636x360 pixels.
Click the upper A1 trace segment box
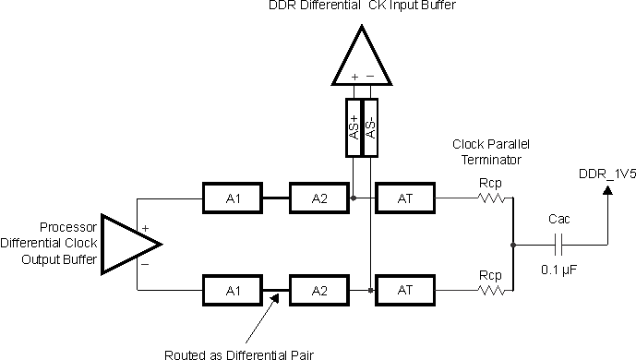(231, 198)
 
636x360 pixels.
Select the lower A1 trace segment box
(231, 290)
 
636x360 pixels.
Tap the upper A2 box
(318, 198)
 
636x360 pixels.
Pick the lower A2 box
(318, 290)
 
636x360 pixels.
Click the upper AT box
(404, 198)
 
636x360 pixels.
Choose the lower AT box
(404, 290)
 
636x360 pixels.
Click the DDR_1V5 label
(604, 174)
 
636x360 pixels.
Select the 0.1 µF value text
(558, 272)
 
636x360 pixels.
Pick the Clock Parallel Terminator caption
(489, 152)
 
